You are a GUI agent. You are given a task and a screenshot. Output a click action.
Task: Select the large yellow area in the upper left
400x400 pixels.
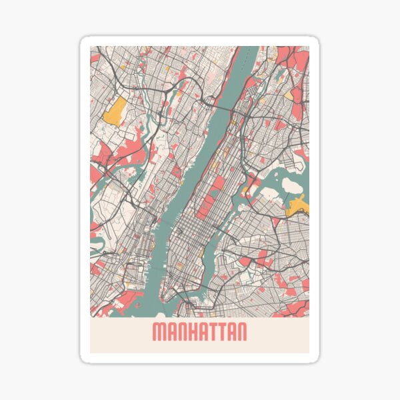(115, 111)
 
